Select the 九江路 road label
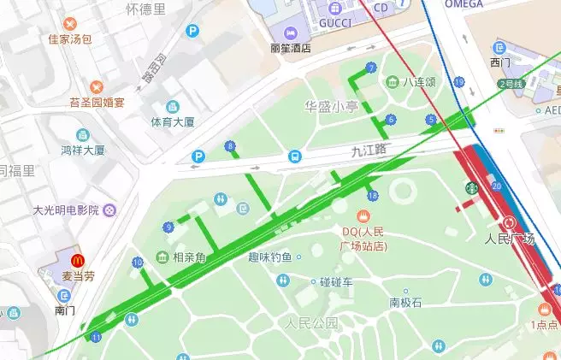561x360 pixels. click(369, 150)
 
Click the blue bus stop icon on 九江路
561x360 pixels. click(294, 156)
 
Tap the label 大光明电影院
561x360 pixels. click(65, 210)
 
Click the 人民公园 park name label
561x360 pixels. click(312, 323)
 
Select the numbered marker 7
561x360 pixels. click(370, 68)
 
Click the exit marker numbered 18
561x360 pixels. click(371, 196)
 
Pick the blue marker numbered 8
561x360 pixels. click(229, 146)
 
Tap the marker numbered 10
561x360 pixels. click(137, 263)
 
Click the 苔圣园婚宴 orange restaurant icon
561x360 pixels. click(97, 86)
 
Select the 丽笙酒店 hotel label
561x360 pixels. click(289, 49)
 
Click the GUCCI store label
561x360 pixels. click(336, 23)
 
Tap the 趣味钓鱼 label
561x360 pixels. click(269, 257)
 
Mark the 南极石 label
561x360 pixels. click(406, 302)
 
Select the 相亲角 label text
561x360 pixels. click(189, 257)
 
